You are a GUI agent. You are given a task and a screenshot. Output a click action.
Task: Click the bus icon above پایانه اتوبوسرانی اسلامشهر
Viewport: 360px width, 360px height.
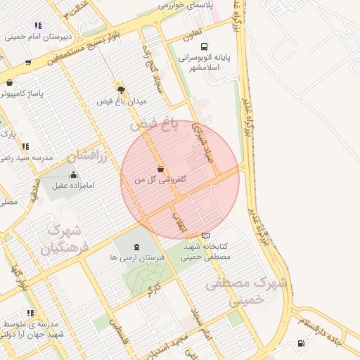click(x=204, y=47)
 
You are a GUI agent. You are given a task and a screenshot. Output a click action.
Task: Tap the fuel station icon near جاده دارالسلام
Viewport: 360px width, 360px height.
click(x=302, y=344)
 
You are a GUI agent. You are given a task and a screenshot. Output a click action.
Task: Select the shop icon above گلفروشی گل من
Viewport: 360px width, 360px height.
click(x=161, y=169)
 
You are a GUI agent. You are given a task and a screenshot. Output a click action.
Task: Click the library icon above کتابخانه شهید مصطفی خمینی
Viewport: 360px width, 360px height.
click(x=205, y=236)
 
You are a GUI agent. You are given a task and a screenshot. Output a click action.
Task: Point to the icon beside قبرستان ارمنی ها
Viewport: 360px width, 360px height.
click(x=136, y=247)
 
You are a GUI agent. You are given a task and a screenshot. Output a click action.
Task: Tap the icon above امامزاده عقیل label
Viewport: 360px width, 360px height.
click(x=74, y=174)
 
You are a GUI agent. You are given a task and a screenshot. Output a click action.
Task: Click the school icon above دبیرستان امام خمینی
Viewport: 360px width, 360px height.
click(x=37, y=26)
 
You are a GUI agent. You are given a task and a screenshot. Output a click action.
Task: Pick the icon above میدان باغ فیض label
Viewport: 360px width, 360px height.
click(x=121, y=90)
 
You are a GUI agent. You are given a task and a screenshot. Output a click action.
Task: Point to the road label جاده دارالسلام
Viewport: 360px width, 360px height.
click(x=329, y=327)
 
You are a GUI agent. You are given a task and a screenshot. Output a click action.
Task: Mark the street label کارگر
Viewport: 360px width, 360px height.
click(x=153, y=288)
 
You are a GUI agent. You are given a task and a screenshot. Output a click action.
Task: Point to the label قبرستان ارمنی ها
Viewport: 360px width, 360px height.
click(x=136, y=258)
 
